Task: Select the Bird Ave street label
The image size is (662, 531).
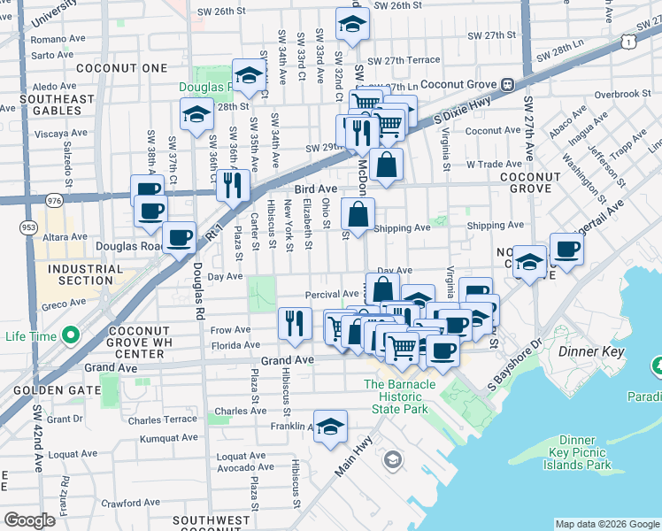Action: click(x=316, y=189)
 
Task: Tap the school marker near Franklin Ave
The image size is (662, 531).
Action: click(x=329, y=427)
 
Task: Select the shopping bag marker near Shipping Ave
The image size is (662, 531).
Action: click(x=358, y=215)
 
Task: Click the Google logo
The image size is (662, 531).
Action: click(x=30, y=520)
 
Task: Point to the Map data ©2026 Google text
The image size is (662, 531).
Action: click(x=606, y=523)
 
